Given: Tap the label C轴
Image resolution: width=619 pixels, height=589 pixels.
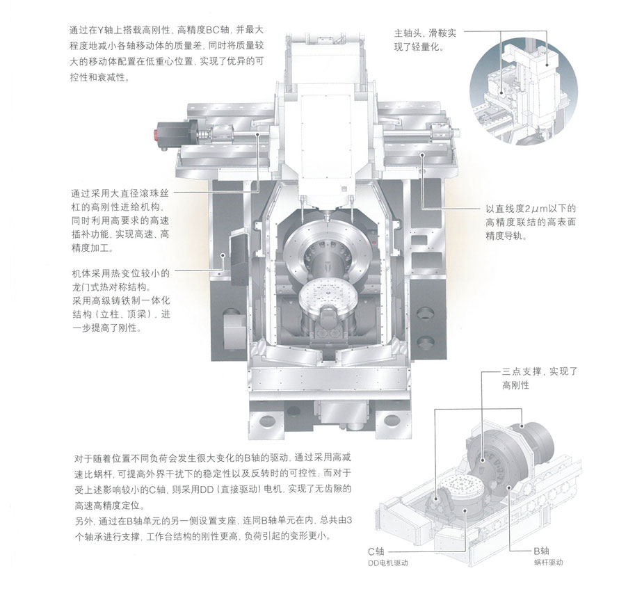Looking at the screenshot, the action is (376, 551).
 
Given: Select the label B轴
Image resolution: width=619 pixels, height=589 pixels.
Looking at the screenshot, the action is (541, 551).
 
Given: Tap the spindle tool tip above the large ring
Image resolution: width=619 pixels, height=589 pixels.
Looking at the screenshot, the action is (327, 218).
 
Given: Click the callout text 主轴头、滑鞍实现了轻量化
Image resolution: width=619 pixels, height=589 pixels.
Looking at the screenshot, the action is (425, 40).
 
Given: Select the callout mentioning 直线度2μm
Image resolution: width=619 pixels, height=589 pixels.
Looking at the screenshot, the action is (531, 223).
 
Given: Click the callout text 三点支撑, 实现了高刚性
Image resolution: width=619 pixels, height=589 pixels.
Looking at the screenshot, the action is (540, 378).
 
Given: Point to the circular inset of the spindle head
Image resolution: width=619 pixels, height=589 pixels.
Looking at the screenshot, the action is (524, 92).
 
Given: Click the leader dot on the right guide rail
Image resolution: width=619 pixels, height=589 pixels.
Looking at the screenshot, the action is (422, 154).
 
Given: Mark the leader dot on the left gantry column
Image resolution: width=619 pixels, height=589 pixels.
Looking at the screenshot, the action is (223, 255).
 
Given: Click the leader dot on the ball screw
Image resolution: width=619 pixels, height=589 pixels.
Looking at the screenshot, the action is (258, 135).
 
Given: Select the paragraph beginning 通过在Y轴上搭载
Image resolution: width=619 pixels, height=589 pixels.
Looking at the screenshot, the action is (167, 54).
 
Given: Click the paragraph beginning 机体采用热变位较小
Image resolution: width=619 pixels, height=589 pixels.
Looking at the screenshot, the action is (121, 300).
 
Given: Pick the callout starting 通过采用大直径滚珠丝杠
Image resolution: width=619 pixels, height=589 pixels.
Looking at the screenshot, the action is (120, 220).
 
